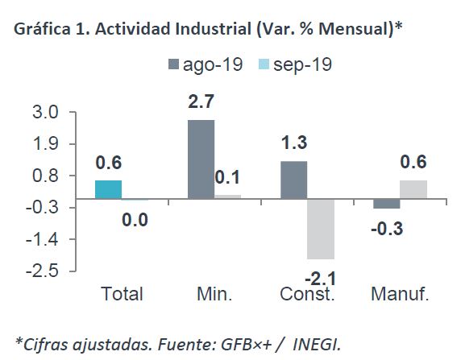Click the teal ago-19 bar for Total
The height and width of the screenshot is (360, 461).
[108, 189]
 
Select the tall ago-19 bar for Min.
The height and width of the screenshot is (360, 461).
[201, 159]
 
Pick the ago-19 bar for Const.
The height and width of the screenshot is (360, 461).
[294, 180]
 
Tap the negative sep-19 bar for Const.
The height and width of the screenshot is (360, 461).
[321, 230]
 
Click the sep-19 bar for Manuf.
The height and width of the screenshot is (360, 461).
[413, 189]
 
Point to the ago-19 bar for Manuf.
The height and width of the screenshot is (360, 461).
[387, 204]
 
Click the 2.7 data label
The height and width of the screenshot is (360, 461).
[201, 101]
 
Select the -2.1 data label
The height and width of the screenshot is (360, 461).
[321, 278]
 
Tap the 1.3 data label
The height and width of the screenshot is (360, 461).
[294, 143]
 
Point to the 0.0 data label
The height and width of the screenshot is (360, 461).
[135, 220]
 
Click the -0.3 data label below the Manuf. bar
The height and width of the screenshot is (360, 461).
[387, 229]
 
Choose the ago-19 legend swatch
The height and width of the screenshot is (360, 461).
[173, 64]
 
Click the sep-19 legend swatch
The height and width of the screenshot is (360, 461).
[264, 64]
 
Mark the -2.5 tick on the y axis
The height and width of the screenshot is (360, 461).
[43, 271]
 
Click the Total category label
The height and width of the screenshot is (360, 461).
[122, 294]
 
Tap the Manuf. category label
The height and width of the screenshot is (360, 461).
[400, 294]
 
